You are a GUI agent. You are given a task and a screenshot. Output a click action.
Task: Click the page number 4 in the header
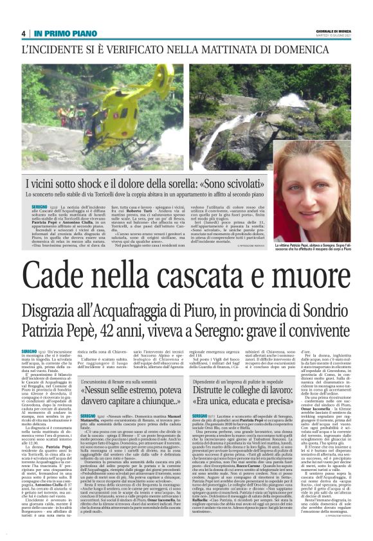coord(23,33)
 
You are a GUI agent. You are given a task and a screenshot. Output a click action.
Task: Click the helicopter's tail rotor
coord(172,71)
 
